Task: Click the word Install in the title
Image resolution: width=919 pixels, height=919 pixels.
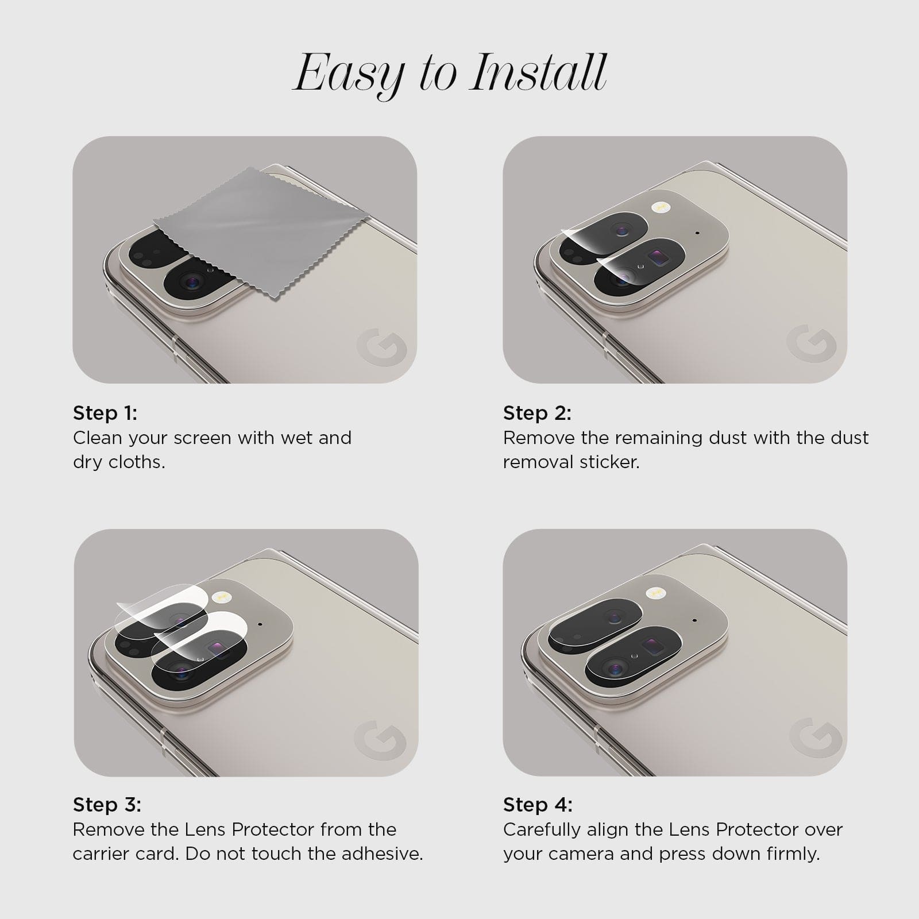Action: pyautogui.click(x=538, y=73)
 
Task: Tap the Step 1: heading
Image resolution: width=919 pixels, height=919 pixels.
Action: pyautogui.click(x=105, y=413)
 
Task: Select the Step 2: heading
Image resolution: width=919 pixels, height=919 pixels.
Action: pyautogui.click(x=538, y=413)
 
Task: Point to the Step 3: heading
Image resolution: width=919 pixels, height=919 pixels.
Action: pyautogui.click(x=107, y=805)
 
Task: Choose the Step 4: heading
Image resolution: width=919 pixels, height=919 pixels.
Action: pyautogui.click(x=538, y=805)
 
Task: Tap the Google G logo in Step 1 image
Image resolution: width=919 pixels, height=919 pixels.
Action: pyautogui.click(x=381, y=347)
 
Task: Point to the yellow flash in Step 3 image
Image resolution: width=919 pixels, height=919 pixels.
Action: pyautogui.click(x=219, y=597)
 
